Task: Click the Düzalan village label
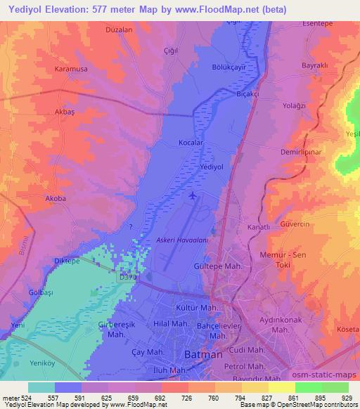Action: [98, 30]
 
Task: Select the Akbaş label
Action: [64, 111]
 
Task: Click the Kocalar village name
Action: [191, 143]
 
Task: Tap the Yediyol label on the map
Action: [212, 167]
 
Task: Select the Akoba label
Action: [55, 198]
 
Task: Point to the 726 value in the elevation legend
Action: [166, 397]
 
